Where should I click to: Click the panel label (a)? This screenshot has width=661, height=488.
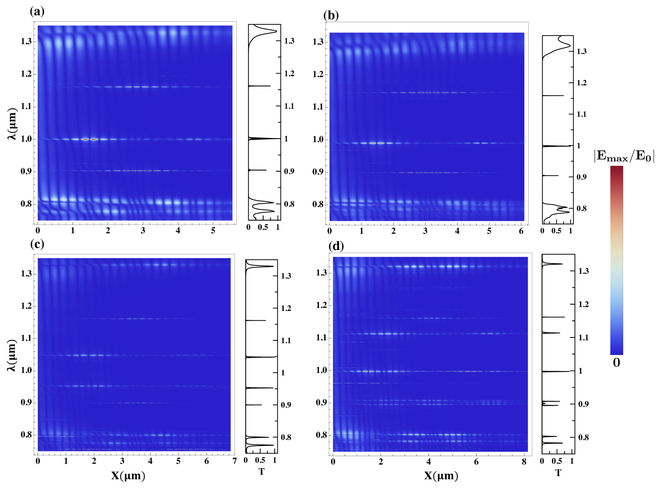[x=37, y=12]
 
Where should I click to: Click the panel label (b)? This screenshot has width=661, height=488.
[x=331, y=15]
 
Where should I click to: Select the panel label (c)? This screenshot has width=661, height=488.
[x=37, y=244]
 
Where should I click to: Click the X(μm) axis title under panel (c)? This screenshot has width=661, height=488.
[x=128, y=476]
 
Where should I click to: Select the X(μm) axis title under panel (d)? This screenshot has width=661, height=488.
[x=441, y=476]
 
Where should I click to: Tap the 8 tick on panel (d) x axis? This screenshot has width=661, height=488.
[x=524, y=462]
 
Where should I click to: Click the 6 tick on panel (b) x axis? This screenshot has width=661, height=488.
[x=521, y=231]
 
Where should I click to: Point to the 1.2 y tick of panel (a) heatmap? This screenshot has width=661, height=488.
[x=26, y=74]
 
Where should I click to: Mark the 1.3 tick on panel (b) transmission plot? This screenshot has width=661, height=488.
[x=582, y=52]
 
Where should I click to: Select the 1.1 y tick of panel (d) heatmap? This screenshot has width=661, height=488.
[x=321, y=337]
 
